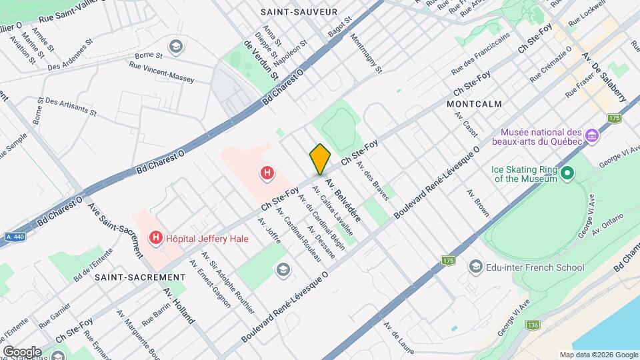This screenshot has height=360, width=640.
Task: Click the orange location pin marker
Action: coord(320,159)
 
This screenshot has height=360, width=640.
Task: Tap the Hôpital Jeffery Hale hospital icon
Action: coord(157,237)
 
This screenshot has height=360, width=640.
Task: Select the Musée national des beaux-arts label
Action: coord(537,136)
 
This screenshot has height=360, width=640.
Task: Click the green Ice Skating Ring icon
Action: coord(567,173)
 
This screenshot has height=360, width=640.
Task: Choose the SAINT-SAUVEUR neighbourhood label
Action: coord(299,12)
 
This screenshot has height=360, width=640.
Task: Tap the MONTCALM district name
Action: coord(475,105)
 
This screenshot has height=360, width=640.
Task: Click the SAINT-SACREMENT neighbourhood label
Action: coord(139,277)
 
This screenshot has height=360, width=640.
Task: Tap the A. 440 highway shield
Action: coord(14,237)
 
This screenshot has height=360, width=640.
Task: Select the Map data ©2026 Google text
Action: coord(598,355)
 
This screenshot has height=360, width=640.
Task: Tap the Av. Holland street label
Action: coord(178,306)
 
